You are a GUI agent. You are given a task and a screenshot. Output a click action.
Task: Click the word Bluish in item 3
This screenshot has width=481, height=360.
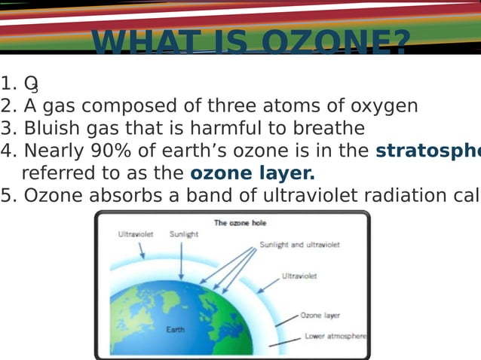tap(52, 128)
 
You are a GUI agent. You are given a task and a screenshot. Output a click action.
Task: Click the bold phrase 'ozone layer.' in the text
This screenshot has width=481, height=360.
tap(253, 173)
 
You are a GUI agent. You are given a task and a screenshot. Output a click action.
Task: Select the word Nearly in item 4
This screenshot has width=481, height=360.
tap(53, 151)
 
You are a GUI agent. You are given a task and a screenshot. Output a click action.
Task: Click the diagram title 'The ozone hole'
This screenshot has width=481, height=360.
tap(240, 223)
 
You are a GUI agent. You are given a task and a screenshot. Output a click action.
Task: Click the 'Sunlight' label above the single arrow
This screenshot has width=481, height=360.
tap(183, 234)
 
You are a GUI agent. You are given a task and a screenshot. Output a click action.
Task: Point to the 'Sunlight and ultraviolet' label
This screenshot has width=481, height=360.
tap(299, 245)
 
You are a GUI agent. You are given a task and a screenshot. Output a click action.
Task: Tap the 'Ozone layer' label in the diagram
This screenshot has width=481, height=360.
tap(320, 316)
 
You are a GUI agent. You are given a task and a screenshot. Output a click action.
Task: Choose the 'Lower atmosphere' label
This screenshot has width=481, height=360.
tap(335, 336)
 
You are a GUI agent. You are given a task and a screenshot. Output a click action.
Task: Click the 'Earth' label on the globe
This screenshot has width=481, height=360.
tap(176, 329)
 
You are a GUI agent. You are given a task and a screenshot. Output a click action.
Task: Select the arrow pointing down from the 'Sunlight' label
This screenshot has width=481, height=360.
tap(181, 261)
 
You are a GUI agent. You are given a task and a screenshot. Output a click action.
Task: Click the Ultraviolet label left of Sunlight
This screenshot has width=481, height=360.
tap(136, 234)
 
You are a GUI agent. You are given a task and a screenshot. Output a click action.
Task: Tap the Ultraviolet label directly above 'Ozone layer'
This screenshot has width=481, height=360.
tap(299, 276)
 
